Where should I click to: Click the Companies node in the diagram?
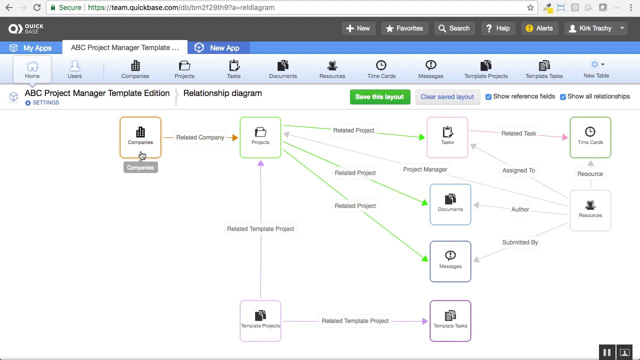tap(140, 137)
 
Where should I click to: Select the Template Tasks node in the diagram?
tap(450, 320)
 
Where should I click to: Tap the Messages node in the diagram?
tap(450, 261)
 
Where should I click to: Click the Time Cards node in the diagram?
tap(590, 137)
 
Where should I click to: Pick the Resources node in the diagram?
tap(590, 210)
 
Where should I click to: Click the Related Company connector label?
tap(200, 137)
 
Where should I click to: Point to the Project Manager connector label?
tap(425, 169)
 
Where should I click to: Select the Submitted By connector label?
tap(520, 242)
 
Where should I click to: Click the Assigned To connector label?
tap(518, 170)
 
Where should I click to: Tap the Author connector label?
tap(520, 209)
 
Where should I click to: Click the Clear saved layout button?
tap(447, 97)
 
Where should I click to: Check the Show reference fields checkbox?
tap(488, 97)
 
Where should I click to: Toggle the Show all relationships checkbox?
tap(563, 97)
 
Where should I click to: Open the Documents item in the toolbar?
tap(282, 69)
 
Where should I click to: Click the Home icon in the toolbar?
tap(32, 69)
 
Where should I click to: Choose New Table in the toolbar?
tap(596, 69)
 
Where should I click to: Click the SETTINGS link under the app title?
tap(42, 103)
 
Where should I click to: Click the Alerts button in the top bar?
tap(539, 28)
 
